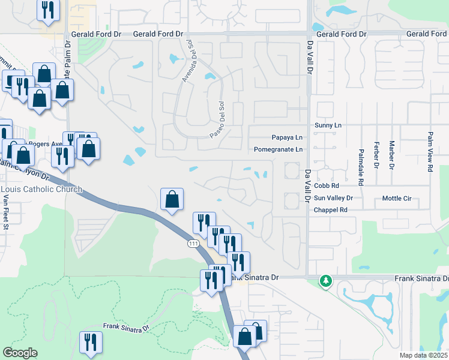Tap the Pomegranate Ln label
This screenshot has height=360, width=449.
click(278, 149)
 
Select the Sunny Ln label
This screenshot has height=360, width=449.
click(328, 125)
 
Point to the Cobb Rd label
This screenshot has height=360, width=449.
click(327, 186)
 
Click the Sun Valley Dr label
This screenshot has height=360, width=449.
click(334, 198)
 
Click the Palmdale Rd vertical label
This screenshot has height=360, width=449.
click(361, 166)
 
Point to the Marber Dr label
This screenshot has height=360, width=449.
click(391, 155)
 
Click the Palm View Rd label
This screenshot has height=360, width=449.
click(430, 152)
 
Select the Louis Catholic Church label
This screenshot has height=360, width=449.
click(41, 190)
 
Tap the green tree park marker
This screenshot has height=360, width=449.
click(325, 281)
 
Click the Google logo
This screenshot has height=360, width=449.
click(20, 353)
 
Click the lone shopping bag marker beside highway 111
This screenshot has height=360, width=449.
click(172, 199)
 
